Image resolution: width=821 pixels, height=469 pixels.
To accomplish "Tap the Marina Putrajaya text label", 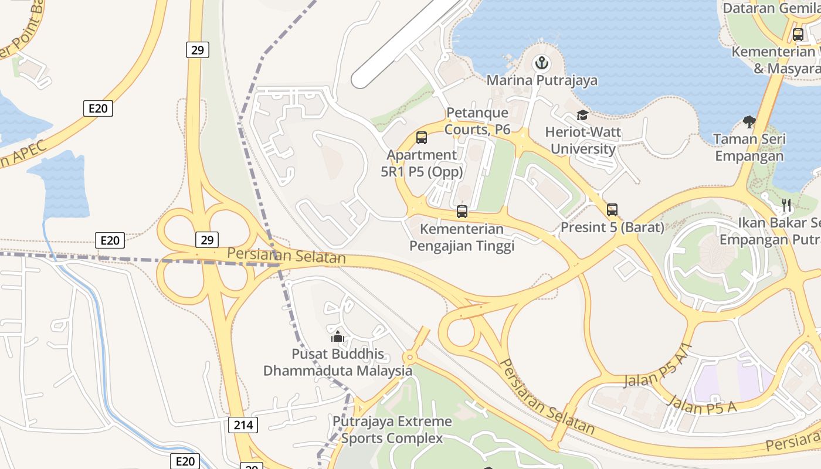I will [542, 80].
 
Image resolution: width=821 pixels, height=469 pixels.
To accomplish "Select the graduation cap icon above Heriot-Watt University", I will [582, 115].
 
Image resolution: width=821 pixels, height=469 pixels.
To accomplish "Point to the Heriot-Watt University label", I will [583, 141].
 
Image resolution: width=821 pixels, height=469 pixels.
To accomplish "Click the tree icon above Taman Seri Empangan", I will [749, 122].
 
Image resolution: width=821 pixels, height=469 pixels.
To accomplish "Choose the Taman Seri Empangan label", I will [749, 148].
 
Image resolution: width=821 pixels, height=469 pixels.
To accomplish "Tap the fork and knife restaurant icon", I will [786, 205].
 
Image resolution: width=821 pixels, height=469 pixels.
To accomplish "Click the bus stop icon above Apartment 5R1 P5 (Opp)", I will [422, 138].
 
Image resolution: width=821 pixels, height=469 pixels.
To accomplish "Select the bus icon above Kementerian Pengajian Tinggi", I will [462, 212].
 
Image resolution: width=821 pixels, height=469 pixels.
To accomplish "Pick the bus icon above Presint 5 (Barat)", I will [612, 209].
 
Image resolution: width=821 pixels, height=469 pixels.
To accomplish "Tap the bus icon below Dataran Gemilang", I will [798, 35].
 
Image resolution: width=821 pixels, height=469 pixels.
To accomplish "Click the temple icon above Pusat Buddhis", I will [338, 337].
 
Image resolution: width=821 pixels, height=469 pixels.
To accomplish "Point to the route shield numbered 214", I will [243, 425].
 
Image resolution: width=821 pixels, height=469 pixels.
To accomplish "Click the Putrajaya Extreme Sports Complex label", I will [392, 430].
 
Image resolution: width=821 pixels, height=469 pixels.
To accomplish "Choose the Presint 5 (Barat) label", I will [612, 227].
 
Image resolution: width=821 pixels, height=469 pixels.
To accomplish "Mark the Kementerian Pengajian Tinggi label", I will [462, 237].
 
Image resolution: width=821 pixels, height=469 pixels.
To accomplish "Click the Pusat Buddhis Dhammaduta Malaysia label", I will [338, 362].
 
